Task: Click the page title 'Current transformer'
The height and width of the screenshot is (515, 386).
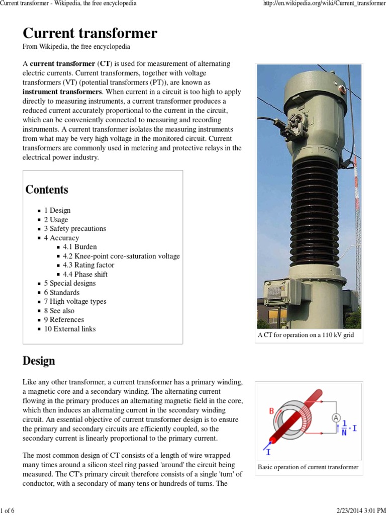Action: coord(90,34)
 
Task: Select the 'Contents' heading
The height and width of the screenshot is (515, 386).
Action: coord(47,190)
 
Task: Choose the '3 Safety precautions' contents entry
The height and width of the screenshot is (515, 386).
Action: coord(75,228)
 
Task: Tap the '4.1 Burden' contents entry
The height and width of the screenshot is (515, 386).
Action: coord(80,247)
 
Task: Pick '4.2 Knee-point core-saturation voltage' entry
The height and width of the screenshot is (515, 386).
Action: coord(121,256)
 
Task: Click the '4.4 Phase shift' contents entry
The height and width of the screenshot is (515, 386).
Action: coord(85,274)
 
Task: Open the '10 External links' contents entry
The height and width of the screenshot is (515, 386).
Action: coord(69,329)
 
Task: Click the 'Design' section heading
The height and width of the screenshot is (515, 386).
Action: coord(39,361)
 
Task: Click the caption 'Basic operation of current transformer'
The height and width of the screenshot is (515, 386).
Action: coord(308,467)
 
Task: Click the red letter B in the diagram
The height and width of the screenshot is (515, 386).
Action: coord(272,411)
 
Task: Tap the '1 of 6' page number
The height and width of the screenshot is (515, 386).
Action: coord(8,510)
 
